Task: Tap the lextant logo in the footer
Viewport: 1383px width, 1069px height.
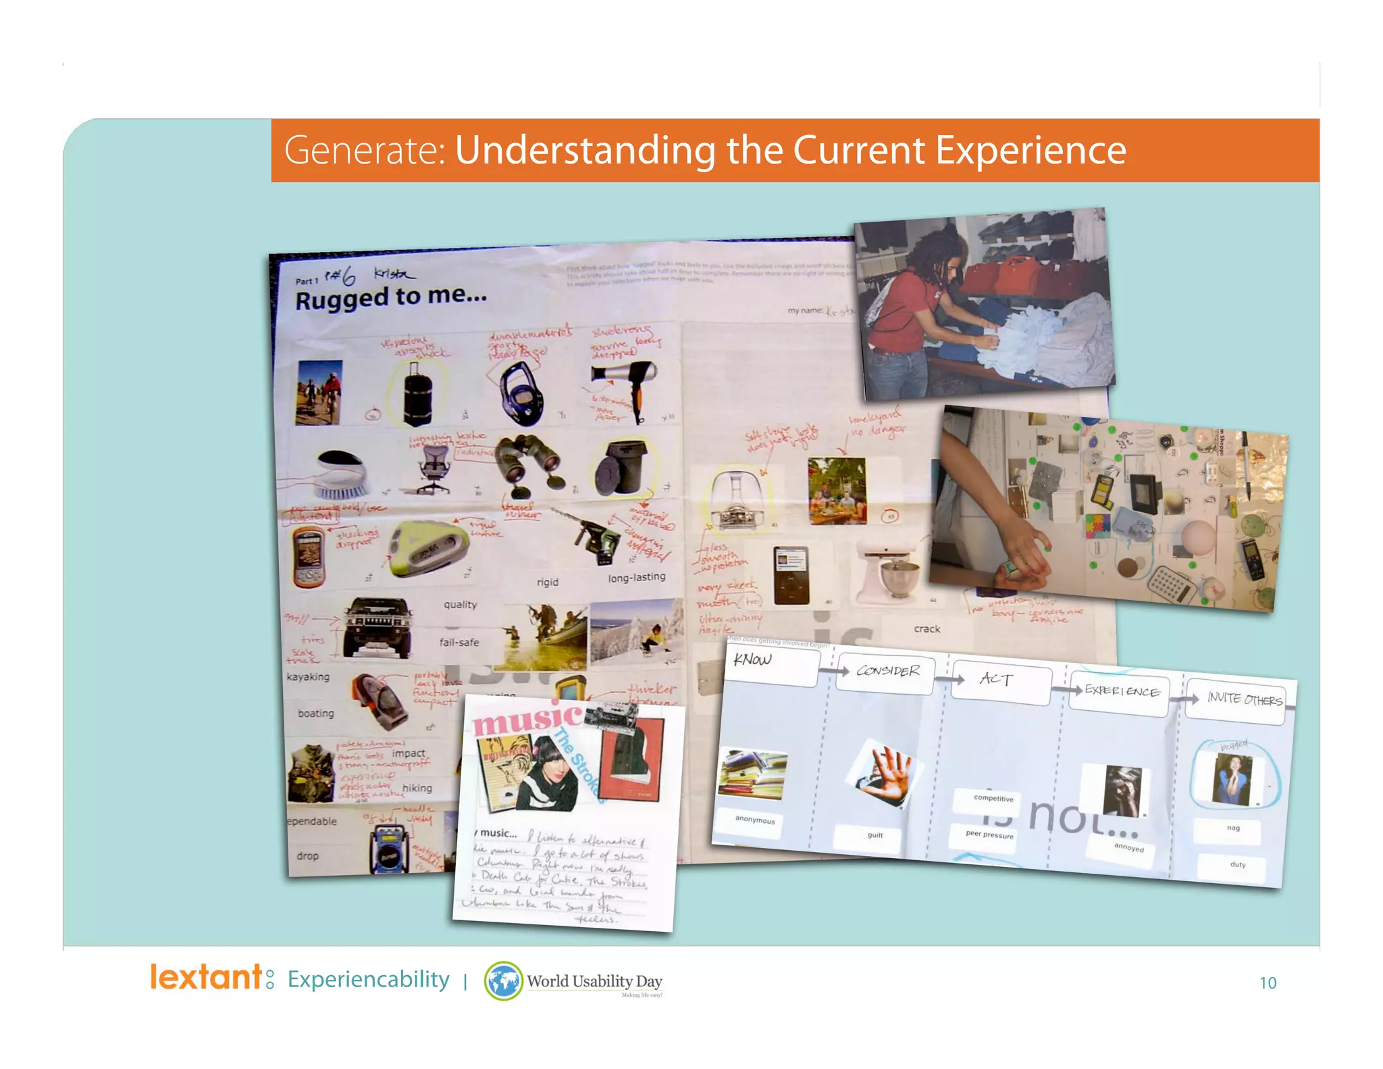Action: (x=211, y=978)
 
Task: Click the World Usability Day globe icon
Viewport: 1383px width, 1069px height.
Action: (x=503, y=981)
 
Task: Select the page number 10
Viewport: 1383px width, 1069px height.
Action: (x=1268, y=983)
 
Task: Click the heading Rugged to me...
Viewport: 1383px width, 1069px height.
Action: (x=390, y=297)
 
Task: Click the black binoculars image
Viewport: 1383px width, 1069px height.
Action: (x=529, y=464)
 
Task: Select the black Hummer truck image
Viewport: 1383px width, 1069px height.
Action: (x=377, y=628)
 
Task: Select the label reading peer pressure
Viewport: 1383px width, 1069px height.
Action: (x=989, y=835)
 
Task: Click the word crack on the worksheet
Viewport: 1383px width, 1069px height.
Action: (x=927, y=629)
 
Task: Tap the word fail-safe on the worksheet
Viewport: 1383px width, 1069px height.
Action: (x=459, y=643)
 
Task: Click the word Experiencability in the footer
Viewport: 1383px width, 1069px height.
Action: (x=368, y=980)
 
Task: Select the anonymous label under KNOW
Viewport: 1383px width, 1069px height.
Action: (x=755, y=820)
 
